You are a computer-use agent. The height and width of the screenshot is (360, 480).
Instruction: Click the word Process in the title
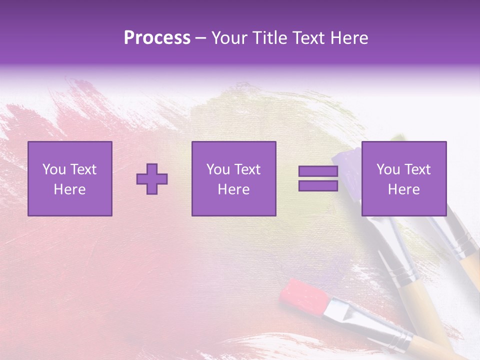(157, 38)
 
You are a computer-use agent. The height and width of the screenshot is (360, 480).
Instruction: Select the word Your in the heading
(229, 38)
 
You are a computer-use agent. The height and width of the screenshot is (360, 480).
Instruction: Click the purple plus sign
(152, 179)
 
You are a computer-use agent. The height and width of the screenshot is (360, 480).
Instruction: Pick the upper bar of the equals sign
(318, 171)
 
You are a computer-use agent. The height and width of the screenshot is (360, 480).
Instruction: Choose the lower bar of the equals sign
(318, 186)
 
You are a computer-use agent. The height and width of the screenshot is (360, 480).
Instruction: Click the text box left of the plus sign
(70, 178)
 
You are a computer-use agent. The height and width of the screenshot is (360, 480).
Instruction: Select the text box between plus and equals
(233, 178)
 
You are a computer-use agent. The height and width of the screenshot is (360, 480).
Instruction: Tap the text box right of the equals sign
(403, 178)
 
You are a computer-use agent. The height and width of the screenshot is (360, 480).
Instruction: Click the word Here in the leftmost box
(69, 189)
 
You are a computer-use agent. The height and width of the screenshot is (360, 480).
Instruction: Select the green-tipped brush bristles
(398, 137)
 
